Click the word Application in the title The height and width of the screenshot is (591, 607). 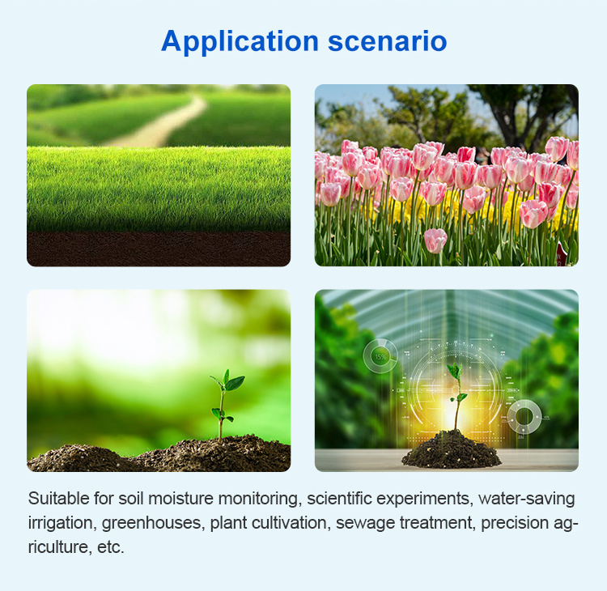pos(240,41)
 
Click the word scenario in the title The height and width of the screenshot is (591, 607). pos(388,41)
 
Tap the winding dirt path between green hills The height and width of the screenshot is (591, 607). pos(163,123)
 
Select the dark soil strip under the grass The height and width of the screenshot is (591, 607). pos(159,249)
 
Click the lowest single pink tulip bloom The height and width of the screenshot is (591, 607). pos(435,240)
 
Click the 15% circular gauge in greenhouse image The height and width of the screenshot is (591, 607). pos(380,356)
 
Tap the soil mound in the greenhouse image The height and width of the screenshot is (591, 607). pos(452,450)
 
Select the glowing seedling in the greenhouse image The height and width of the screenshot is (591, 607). pos(457,397)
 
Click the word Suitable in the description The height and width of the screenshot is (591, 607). pos(59,499)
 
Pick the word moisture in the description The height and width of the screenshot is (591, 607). pos(180,499)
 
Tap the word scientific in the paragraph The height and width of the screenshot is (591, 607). pos(339,499)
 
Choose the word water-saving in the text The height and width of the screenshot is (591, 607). pos(527,499)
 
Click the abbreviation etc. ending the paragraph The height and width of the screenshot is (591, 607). pos(110,547)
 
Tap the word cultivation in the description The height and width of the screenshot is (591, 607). pos(289,523)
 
